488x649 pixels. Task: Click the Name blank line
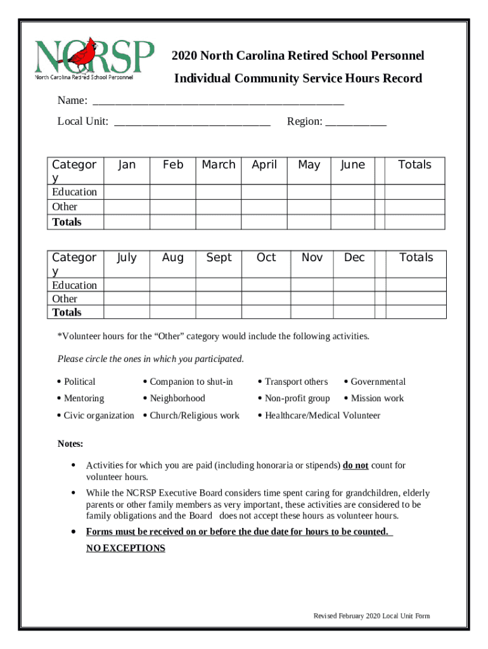(x=218, y=101)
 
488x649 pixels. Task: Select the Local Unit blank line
(x=192, y=122)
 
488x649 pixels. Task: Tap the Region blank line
(x=356, y=122)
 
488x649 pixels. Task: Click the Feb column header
(x=172, y=165)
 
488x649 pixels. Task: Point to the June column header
(x=352, y=165)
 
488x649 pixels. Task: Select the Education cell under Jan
(x=126, y=192)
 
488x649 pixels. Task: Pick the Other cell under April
(x=264, y=207)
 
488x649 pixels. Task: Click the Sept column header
(x=219, y=258)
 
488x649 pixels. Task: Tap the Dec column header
(x=354, y=258)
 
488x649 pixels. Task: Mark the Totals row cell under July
(x=126, y=312)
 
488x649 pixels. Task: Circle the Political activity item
(x=79, y=382)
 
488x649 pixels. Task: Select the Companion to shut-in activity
(x=191, y=382)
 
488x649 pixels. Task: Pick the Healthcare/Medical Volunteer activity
(x=322, y=416)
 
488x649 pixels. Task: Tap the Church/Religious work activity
(x=194, y=416)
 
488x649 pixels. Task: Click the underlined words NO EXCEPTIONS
(x=125, y=548)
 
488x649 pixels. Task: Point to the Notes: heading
(x=70, y=444)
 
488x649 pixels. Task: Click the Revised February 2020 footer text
(x=372, y=616)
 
